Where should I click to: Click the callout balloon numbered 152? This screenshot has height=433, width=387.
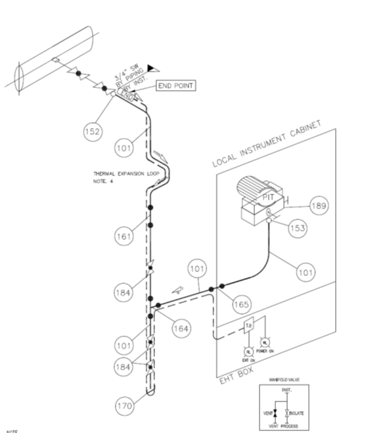click(93, 131)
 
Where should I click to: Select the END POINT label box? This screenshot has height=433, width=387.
click(175, 85)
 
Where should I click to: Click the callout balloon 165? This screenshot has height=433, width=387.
click(241, 304)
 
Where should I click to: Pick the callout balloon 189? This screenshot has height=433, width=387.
click(318, 206)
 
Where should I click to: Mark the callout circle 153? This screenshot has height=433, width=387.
click(298, 228)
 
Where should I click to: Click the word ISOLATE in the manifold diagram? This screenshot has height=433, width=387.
click(295, 413)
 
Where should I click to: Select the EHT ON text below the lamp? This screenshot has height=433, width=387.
click(248, 360)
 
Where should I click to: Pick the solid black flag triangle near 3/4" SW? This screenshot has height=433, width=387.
click(152, 66)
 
